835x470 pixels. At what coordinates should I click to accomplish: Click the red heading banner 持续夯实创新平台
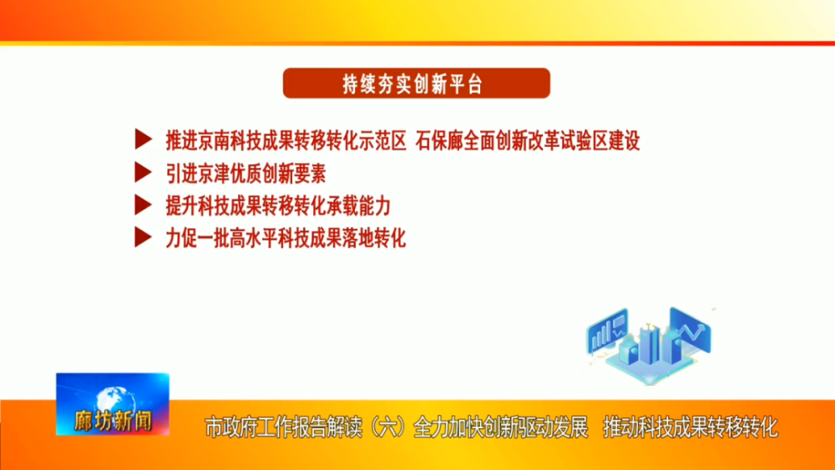(417, 83)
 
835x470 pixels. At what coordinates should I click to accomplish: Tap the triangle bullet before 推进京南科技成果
(143, 139)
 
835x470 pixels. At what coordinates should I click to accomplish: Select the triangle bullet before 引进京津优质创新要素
(143, 172)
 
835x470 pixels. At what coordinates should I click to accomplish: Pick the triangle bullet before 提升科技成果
(143, 205)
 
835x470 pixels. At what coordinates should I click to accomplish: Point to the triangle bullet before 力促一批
(143, 237)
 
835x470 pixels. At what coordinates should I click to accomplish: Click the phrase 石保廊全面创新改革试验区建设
(527, 140)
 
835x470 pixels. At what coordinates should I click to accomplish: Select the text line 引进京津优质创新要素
(245, 174)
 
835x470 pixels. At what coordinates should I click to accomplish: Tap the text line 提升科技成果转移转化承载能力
(278, 206)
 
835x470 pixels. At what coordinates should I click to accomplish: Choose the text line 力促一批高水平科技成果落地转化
(286, 238)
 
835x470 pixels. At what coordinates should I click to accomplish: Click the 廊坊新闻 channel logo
(113, 404)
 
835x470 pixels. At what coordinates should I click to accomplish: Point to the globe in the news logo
(113, 398)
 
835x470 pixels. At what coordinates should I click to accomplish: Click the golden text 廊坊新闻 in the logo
(113, 421)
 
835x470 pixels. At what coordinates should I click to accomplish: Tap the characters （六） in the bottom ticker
(387, 427)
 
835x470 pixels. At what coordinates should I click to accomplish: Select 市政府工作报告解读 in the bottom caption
(283, 427)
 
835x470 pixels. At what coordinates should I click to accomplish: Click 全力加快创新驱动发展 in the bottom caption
(500, 427)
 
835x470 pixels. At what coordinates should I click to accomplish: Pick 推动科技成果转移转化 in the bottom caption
(691, 427)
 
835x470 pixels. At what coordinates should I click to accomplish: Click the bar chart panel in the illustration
(607, 331)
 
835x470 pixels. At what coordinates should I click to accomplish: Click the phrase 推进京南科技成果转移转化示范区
(286, 140)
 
